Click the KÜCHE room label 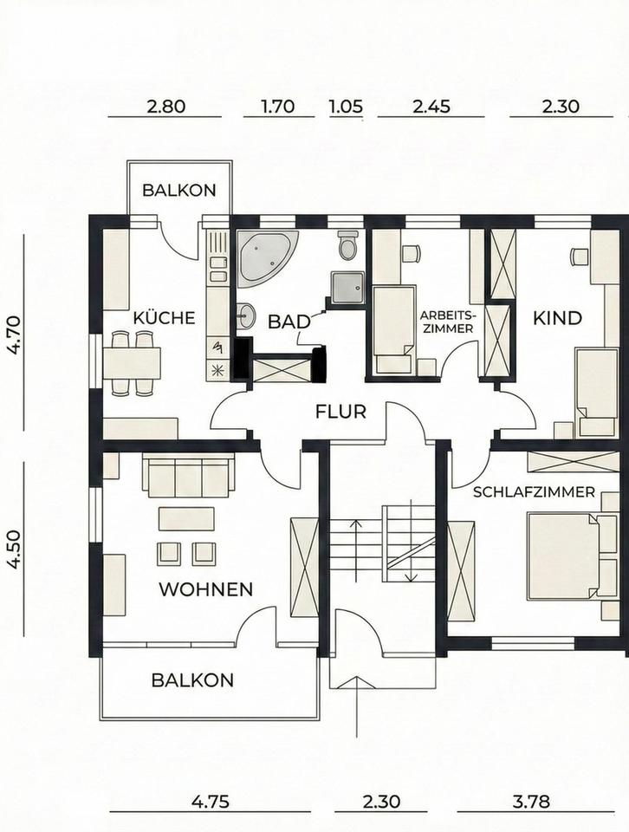[x=164, y=318]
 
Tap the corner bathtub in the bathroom [x=263, y=257]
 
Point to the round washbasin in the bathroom [x=245, y=316]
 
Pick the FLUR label [x=340, y=411]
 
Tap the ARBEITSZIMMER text [x=446, y=322]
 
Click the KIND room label [x=557, y=318]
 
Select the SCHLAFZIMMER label [x=534, y=492]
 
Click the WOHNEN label [x=206, y=589]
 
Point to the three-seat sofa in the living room [x=189, y=475]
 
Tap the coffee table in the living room [x=186, y=518]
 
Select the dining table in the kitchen [x=132, y=363]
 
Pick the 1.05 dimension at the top [x=346, y=106]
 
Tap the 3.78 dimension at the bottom [x=531, y=801]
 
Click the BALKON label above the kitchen [x=179, y=190]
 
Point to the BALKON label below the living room [x=192, y=679]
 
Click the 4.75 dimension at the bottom [x=210, y=801]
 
